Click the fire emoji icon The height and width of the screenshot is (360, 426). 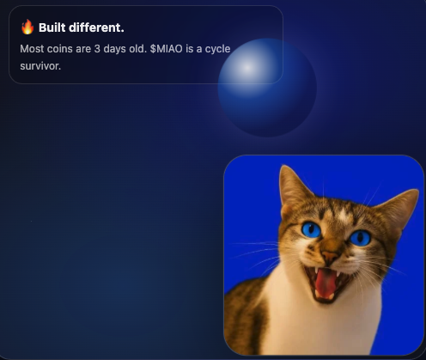pyautogui.click(x=27, y=27)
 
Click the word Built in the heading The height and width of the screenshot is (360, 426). pyautogui.click(x=53, y=27)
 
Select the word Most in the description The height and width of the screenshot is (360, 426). pyautogui.click(x=33, y=48)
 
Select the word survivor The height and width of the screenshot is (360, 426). pyautogui.click(x=40, y=65)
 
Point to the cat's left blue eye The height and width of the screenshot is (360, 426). pyautogui.click(x=311, y=229)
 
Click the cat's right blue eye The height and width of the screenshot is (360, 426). pyautogui.click(x=361, y=237)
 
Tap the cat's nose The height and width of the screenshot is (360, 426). pyautogui.click(x=330, y=255)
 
